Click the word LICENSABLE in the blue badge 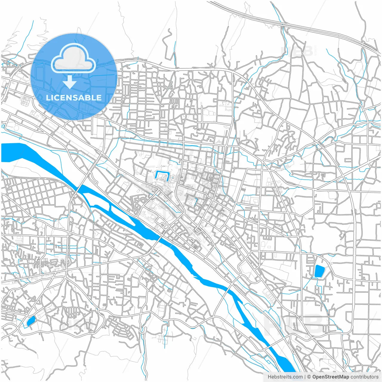click(74, 98)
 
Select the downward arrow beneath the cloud click(70, 82)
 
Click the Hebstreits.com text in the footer click(285, 377)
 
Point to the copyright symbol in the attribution click(309, 377)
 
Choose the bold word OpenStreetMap click(331, 377)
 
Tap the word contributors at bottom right click(364, 377)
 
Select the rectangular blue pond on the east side click(319, 271)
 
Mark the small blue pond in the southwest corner click(31, 321)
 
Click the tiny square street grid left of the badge click(25, 101)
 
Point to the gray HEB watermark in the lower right click(294, 324)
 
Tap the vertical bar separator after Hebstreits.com click(305, 377)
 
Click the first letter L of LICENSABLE click(48, 98)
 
